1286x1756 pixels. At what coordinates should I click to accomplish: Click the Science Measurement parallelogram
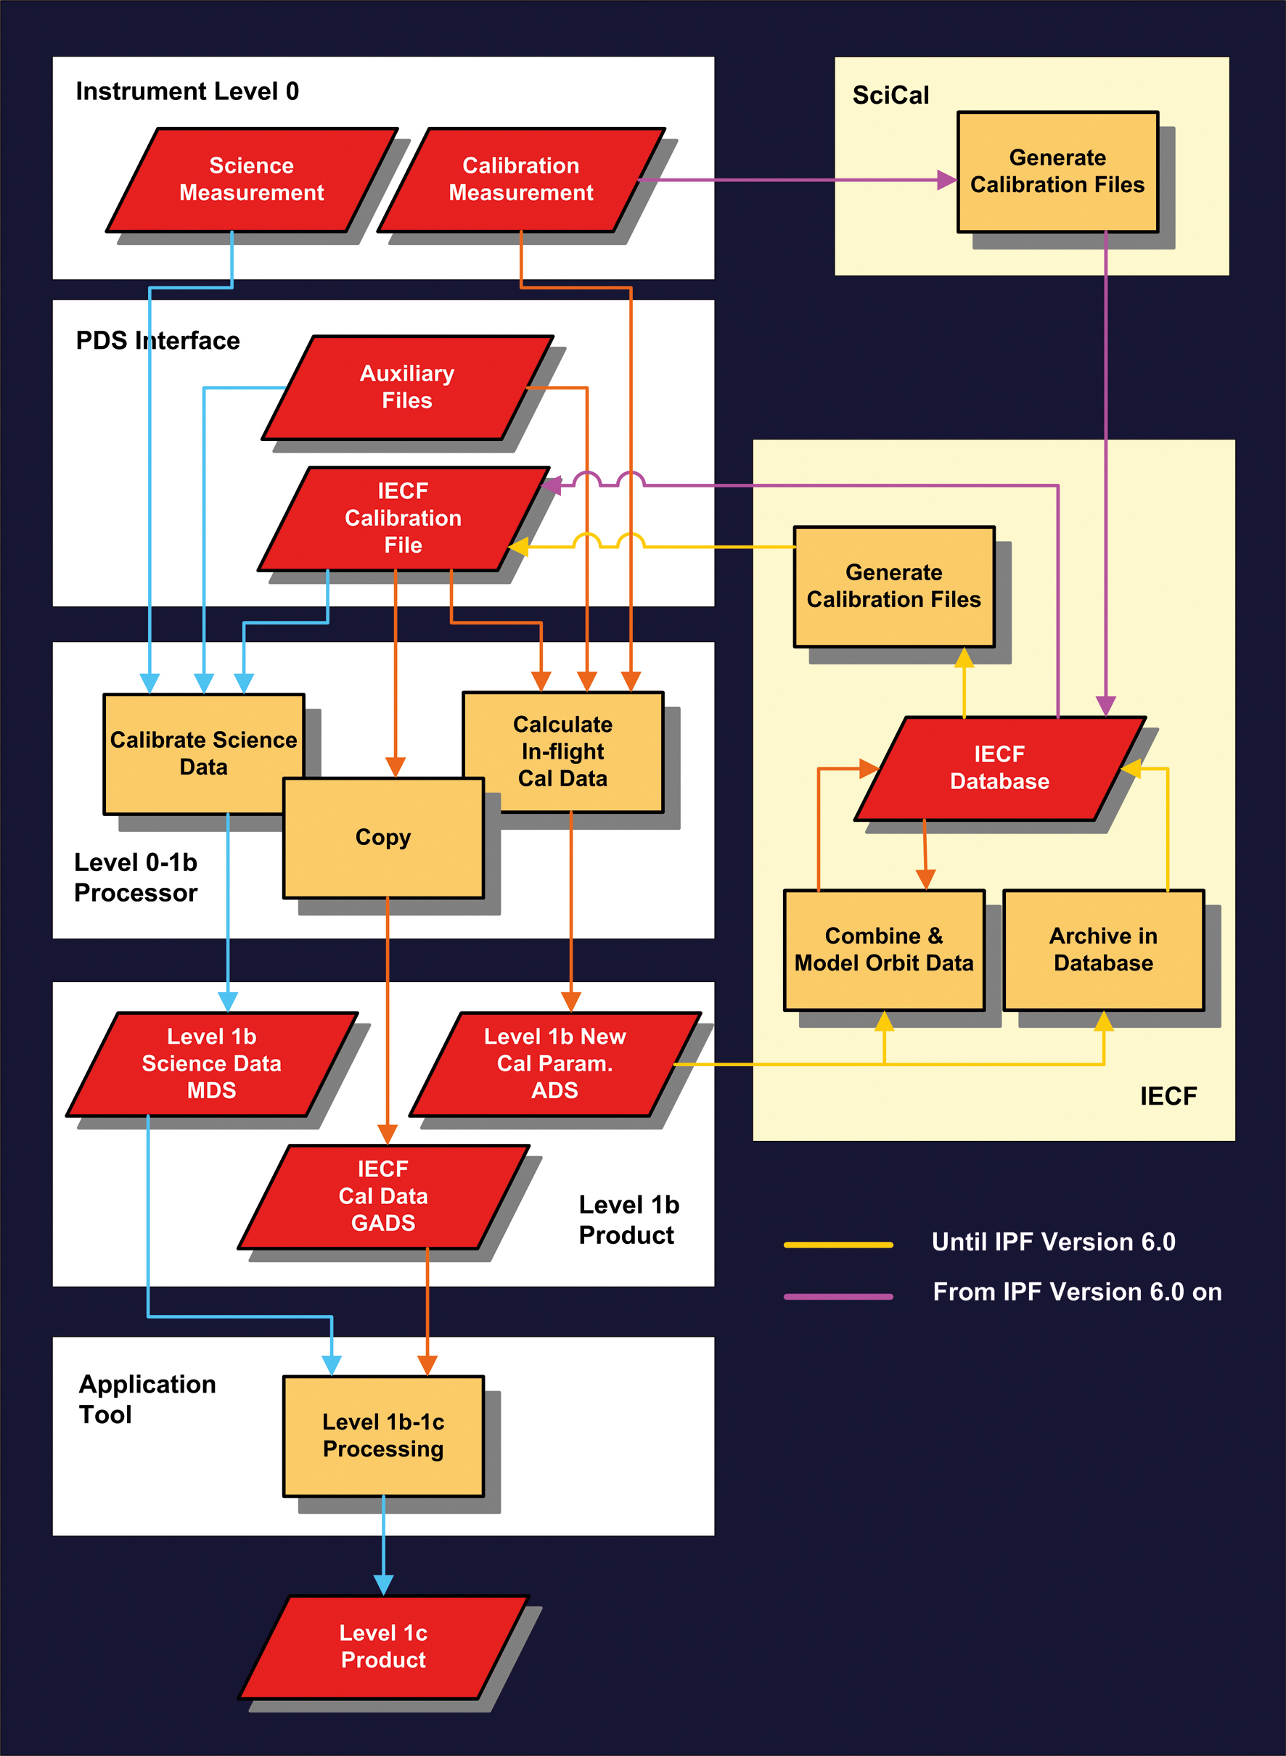(251, 180)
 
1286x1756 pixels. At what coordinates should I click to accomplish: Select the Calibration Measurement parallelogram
(521, 180)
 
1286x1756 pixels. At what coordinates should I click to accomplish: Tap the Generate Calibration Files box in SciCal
(1057, 171)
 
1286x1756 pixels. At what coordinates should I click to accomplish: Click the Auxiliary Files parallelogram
(406, 387)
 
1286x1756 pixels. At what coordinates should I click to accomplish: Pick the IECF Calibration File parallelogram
(403, 518)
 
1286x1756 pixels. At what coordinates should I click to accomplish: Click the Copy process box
(383, 838)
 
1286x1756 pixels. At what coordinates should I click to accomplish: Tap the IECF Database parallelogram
(999, 768)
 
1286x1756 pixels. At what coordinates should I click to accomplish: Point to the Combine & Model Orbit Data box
(883, 949)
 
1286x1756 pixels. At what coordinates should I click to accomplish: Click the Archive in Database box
(1103, 949)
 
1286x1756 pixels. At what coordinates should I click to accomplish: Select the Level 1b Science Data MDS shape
(212, 1063)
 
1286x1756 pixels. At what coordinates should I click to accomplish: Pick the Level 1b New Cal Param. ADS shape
(554, 1063)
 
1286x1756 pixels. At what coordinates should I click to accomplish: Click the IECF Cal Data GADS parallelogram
(383, 1196)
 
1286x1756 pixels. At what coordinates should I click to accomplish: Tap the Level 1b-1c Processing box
(383, 1435)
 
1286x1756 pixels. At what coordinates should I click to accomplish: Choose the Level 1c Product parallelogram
(383, 1646)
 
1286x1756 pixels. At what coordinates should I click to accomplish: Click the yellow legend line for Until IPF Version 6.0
(837, 1245)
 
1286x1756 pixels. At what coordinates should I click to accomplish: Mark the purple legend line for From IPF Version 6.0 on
(837, 1296)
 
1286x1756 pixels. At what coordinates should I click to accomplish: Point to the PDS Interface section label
(157, 341)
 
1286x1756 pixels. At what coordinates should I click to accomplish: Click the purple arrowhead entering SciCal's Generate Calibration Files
(946, 181)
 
